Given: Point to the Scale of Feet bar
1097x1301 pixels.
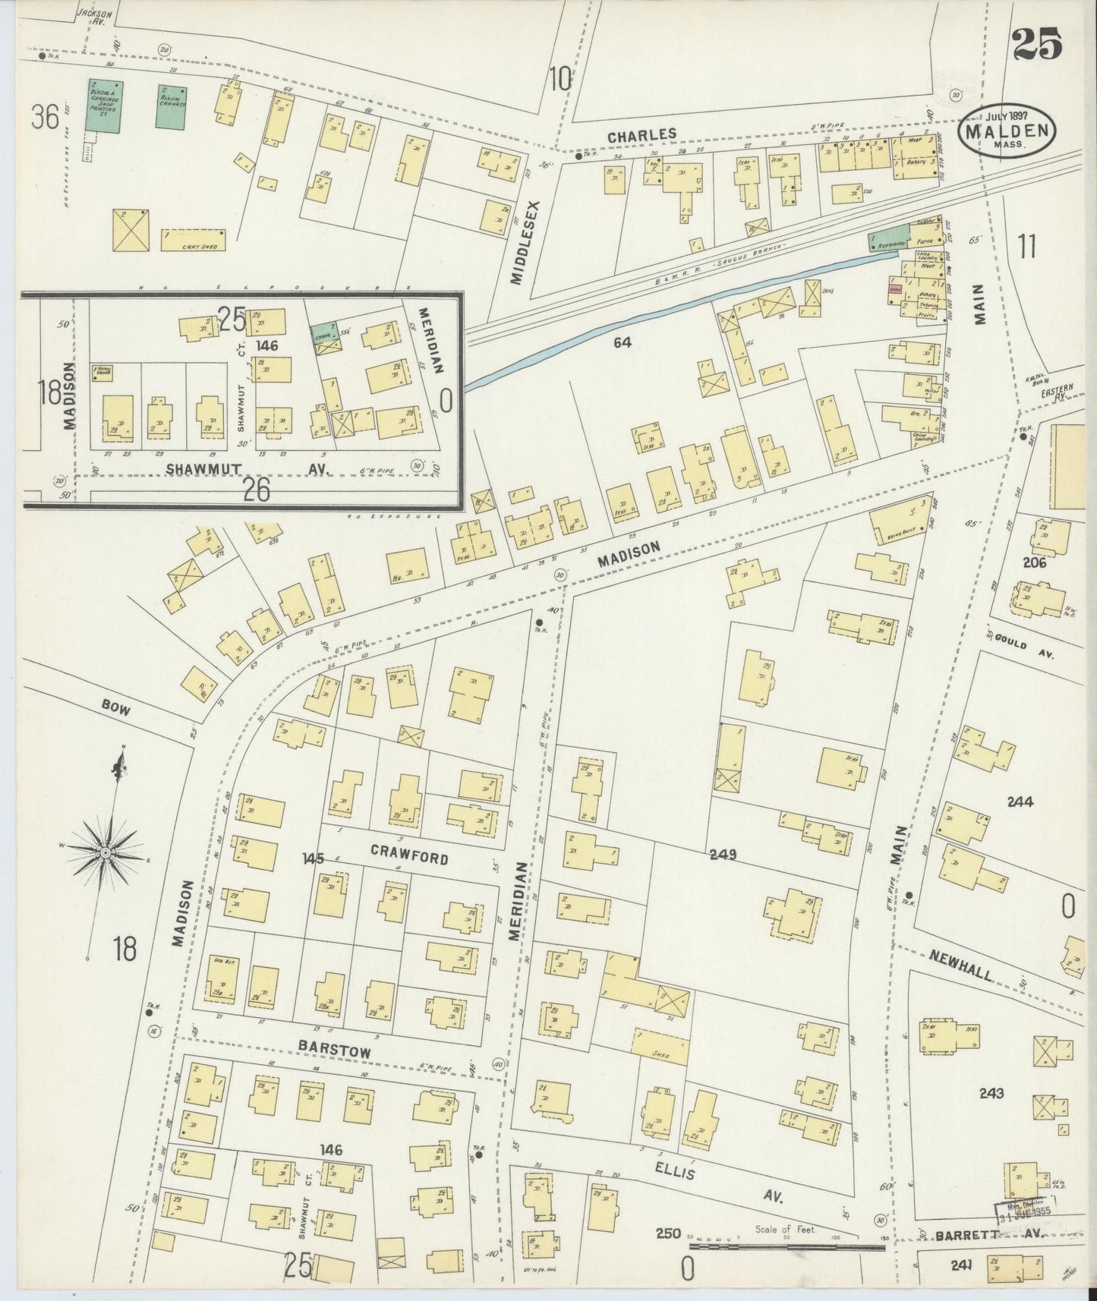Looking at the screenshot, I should (786, 1247).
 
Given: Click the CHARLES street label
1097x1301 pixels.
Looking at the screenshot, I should (641, 134).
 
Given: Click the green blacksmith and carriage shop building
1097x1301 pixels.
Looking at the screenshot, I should (104, 106).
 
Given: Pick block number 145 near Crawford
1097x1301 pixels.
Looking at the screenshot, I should (312, 858).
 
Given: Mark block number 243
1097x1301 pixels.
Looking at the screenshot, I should (991, 1093).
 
